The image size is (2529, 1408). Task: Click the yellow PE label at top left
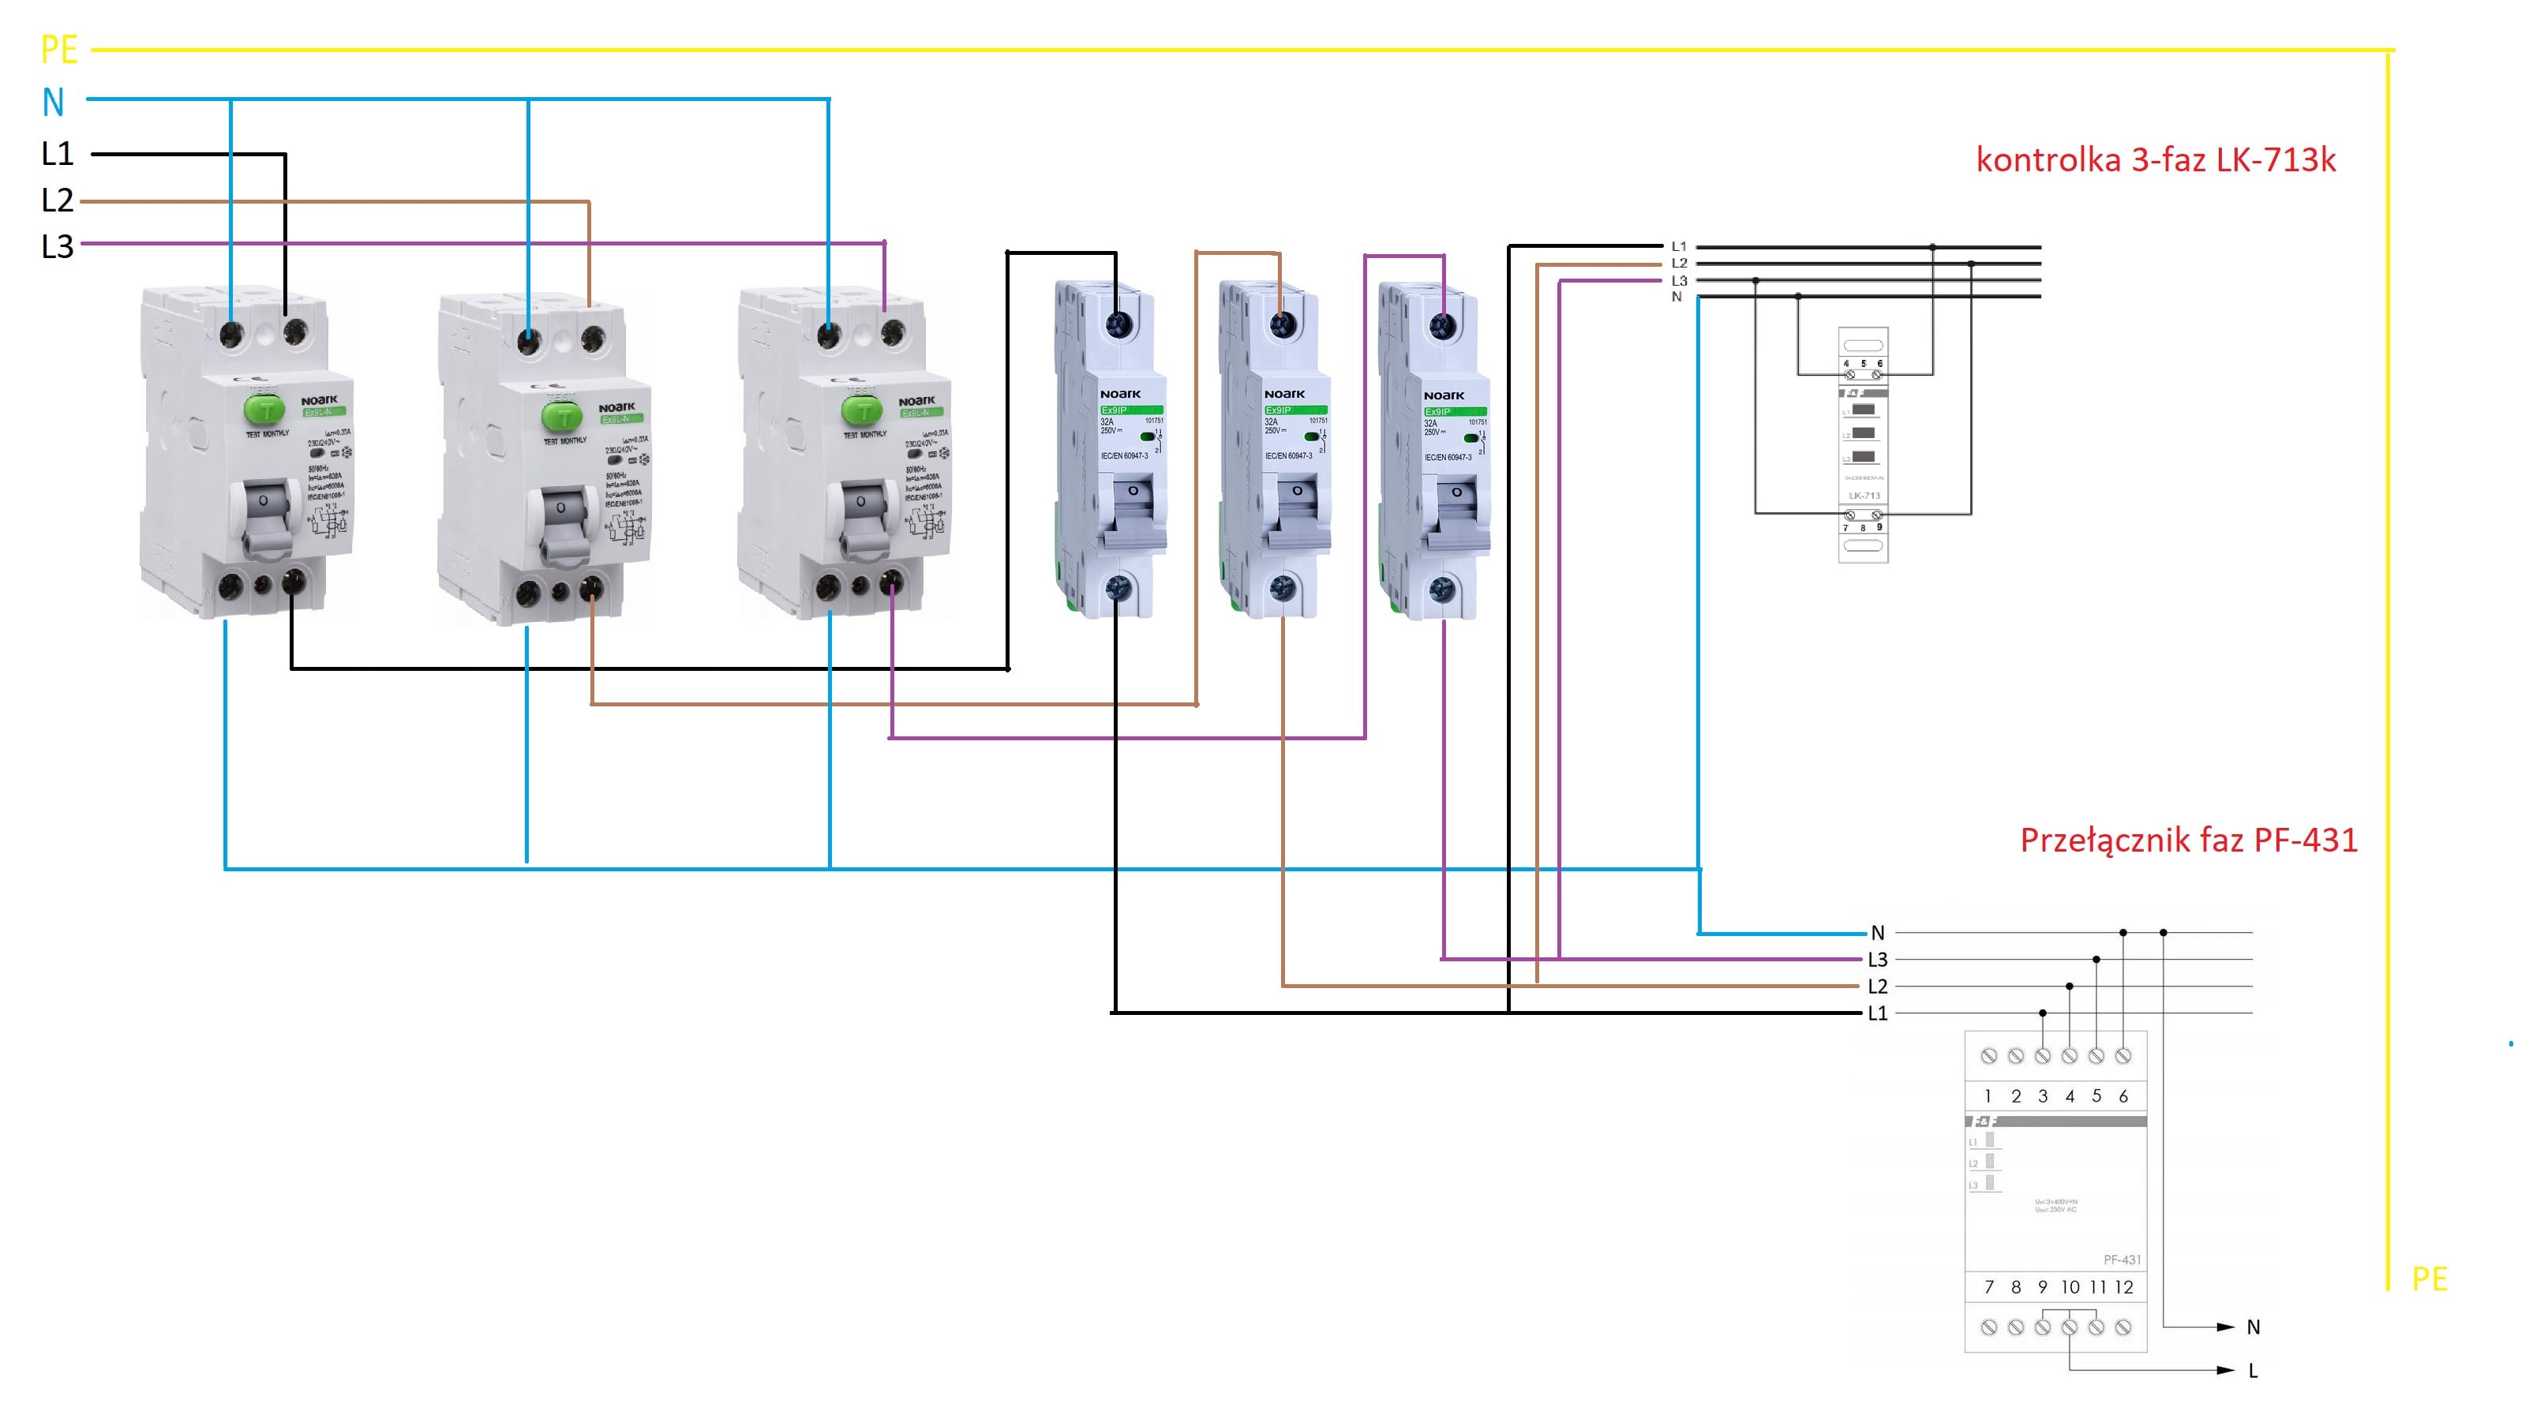coord(59,50)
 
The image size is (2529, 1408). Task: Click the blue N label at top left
coord(53,102)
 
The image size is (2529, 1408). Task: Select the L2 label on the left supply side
coord(57,200)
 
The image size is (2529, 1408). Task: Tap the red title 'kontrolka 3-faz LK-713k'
coord(2155,159)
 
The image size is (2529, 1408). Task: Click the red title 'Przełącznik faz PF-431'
coord(2188,840)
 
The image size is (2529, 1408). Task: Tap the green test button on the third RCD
coord(862,410)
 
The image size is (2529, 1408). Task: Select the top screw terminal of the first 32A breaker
coord(1117,324)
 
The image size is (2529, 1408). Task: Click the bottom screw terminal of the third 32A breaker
coord(1441,589)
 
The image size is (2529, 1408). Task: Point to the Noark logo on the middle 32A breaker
coord(1284,394)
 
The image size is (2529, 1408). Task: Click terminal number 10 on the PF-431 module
coord(2070,1286)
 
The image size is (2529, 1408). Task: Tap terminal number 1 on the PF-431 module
coord(1988,1095)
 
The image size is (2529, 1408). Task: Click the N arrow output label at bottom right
coord(2253,1327)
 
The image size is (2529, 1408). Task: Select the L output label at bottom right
coord(2253,1371)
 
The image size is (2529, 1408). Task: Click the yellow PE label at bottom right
coord(2429,1279)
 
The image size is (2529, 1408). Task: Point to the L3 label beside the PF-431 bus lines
coord(1877,959)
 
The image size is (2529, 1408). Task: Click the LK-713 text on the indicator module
coord(1864,495)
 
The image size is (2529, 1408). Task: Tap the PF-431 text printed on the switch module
coord(2122,1259)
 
